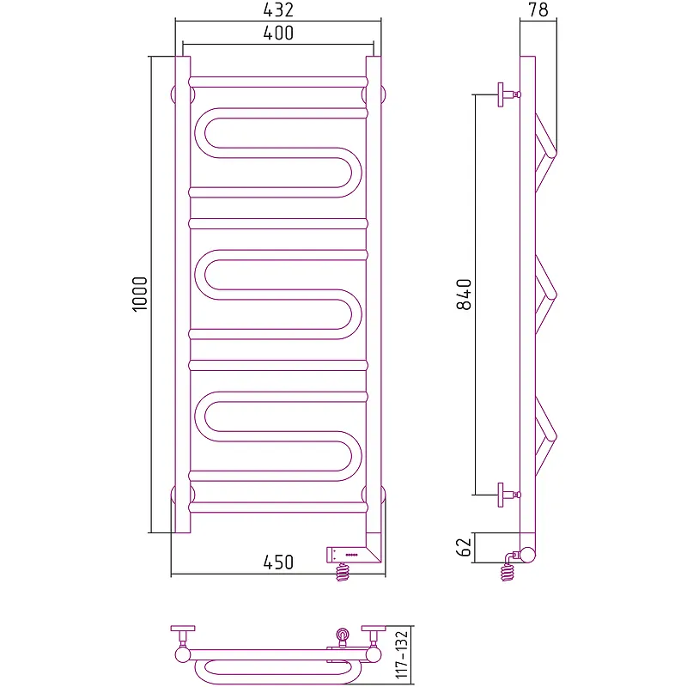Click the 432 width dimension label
tap(278, 9)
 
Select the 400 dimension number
tap(278, 33)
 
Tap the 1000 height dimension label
tap(140, 294)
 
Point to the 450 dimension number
tap(278, 562)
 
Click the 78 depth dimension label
tap(538, 9)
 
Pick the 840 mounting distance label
tap(464, 295)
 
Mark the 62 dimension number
tap(464, 547)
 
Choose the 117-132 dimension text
tap(402, 654)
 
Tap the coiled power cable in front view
tap(343, 572)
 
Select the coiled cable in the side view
tap(508, 572)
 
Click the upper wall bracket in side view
tap(508, 94)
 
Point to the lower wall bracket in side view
tap(508, 495)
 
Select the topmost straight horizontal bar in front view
tap(278, 82)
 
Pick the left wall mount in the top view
tap(183, 641)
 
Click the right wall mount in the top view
tap(374, 641)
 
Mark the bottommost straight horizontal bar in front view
tap(278, 508)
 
